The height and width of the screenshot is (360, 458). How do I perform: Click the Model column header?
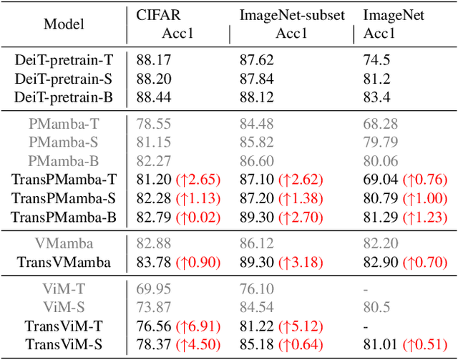[x=64, y=24]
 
